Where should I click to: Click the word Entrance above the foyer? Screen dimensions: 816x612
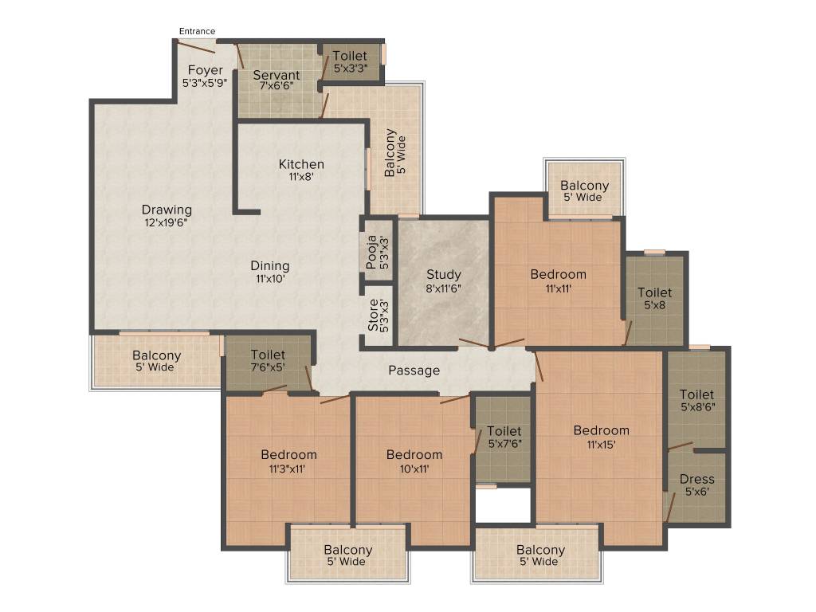coord(197,31)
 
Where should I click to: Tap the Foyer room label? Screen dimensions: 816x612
coord(205,70)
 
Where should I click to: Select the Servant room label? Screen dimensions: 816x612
coord(277,75)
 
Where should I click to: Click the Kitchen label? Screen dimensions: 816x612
coord(301,164)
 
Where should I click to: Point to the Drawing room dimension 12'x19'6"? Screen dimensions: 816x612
coord(167,223)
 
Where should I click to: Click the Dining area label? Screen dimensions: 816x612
coord(270,266)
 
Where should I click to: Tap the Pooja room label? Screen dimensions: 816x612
coord(371,253)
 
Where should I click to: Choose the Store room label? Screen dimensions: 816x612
coord(373,316)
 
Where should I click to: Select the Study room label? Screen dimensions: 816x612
coord(444,274)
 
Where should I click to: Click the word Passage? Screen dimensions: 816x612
coord(414,371)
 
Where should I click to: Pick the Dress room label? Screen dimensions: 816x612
coord(696,479)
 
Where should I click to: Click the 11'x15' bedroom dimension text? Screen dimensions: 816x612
coord(601,445)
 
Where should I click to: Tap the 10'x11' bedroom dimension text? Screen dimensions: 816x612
coord(414,469)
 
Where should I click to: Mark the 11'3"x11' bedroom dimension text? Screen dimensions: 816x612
coord(287,469)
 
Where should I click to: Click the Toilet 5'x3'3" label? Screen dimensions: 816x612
coord(351,61)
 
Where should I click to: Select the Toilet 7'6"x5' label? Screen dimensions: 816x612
coord(268,361)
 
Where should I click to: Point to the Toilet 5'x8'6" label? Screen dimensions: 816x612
coord(696,400)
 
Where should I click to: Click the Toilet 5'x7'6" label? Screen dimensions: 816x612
coord(504,437)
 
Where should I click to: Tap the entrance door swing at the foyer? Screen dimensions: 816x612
coord(195,47)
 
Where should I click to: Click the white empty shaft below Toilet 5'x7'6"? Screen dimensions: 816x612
coord(503,505)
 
